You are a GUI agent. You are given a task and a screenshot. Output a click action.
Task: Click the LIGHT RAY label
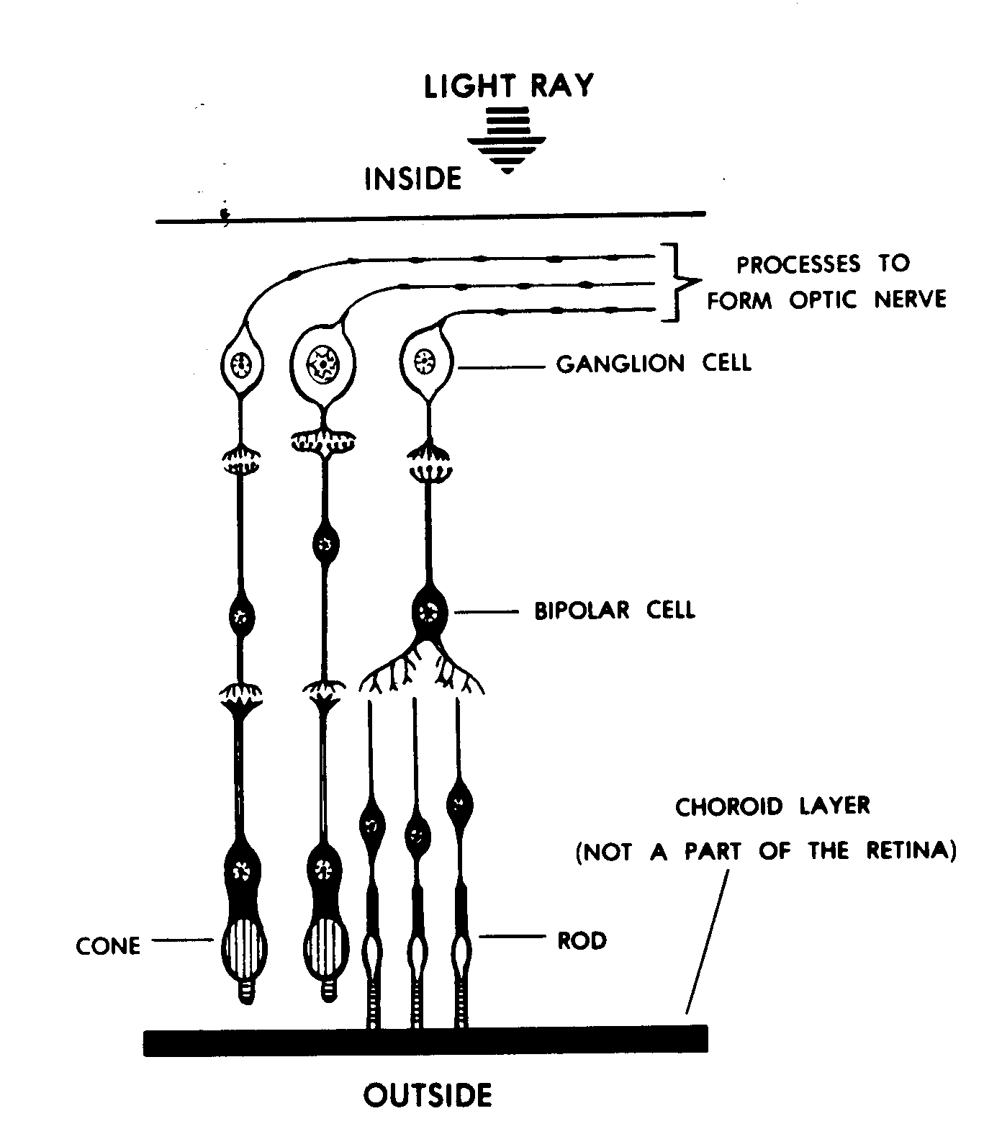point(508,86)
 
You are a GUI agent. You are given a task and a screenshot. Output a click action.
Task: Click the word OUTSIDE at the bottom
point(428,1095)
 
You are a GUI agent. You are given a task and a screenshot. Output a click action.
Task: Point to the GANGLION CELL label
point(653,364)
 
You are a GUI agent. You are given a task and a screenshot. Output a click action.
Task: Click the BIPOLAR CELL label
point(614,611)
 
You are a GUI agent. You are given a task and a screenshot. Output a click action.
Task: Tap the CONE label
point(108,945)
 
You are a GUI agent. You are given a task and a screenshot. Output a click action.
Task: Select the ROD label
point(582,940)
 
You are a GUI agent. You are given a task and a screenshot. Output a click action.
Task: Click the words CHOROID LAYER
point(772,806)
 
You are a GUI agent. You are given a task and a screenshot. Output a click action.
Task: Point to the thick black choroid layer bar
point(425,1040)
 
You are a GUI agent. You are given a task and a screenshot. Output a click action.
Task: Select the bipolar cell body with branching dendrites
point(430,613)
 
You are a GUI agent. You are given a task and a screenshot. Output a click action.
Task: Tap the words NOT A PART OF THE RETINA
point(766,852)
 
